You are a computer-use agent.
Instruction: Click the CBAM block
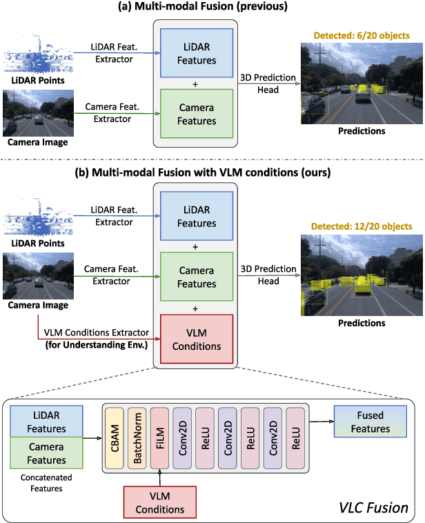coord(115,437)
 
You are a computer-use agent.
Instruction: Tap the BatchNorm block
coord(138,437)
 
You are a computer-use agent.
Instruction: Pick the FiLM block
coord(160,437)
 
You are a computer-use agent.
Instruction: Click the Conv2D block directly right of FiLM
coord(183,437)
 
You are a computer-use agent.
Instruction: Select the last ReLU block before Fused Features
coord(295,437)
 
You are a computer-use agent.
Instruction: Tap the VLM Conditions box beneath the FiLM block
coord(160,502)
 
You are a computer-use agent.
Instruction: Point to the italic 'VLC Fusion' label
coord(373,507)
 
